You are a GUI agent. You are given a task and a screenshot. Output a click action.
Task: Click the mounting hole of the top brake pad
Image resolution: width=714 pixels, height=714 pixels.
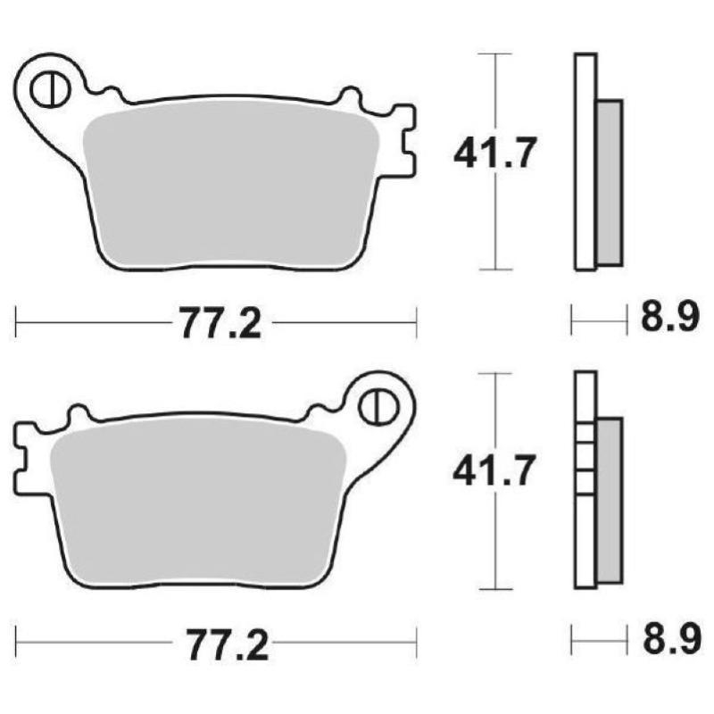[x=46, y=88]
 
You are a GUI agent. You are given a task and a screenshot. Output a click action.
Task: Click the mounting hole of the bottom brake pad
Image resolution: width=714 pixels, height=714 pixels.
[x=379, y=406]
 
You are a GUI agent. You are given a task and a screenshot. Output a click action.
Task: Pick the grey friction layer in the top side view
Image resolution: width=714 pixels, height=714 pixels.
[x=609, y=183]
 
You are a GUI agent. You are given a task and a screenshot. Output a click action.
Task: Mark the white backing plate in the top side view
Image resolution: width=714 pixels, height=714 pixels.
[x=585, y=161]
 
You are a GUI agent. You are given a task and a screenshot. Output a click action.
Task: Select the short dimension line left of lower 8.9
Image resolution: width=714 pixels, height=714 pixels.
[x=596, y=639]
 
